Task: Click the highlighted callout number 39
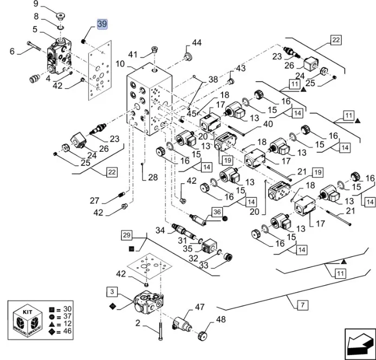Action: [x=102, y=24]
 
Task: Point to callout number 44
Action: [x=196, y=43]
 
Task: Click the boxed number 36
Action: [x=217, y=211]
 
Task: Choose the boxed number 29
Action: [x=126, y=235]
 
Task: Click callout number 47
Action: [x=200, y=307]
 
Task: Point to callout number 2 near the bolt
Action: [x=138, y=323]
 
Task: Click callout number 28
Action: [x=152, y=177]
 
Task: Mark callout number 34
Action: [x=159, y=230]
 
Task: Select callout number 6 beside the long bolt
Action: [x=12, y=51]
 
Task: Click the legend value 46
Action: [x=67, y=330]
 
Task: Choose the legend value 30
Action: [x=67, y=308]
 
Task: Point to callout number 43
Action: [x=241, y=68]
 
